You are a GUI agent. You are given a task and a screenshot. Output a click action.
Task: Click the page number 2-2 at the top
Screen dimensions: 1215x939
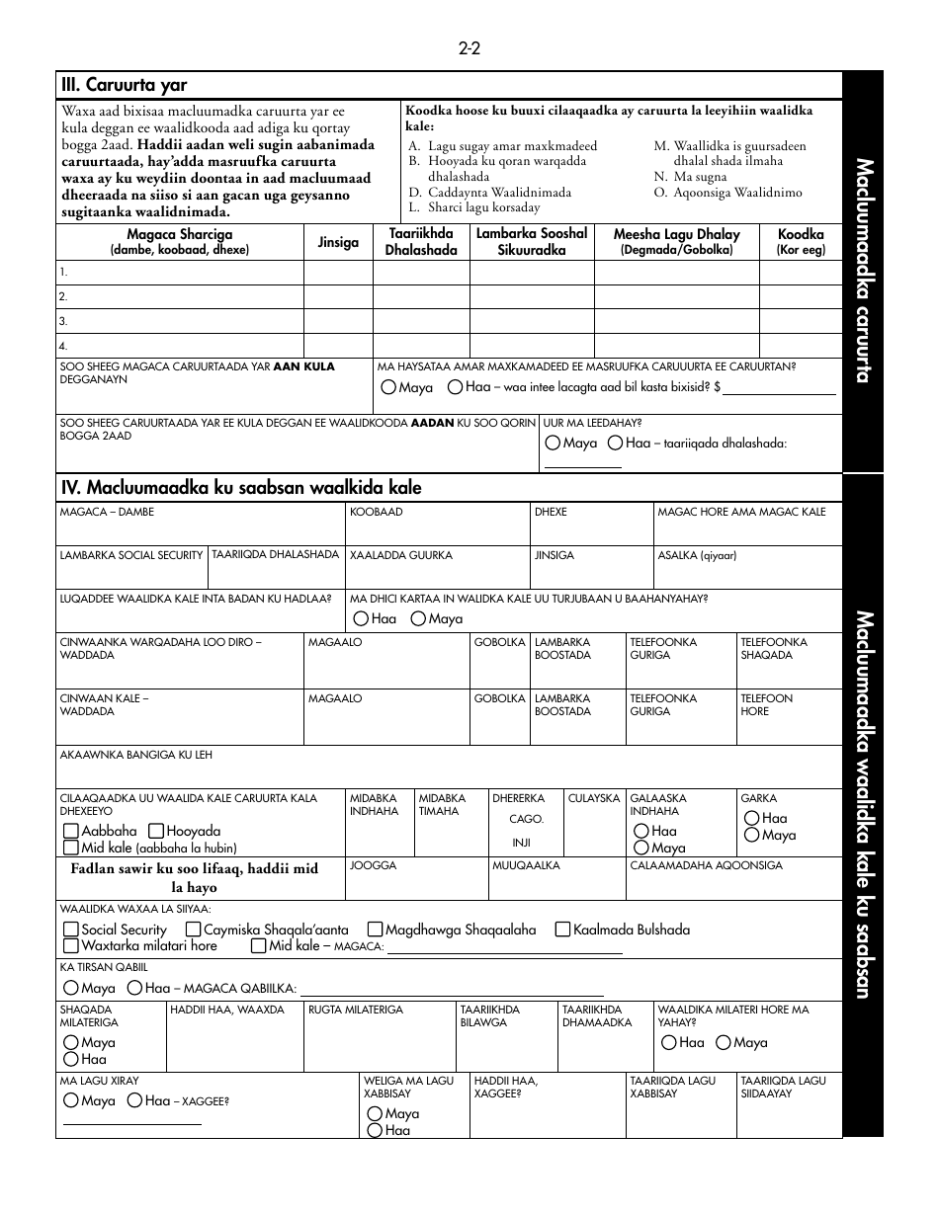pyautogui.click(x=469, y=48)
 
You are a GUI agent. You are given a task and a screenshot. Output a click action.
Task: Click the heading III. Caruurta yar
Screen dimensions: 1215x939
pyautogui.click(x=124, y=85)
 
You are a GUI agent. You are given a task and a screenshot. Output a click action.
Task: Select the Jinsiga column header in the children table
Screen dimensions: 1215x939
pyautogui.click(x=338, y=242)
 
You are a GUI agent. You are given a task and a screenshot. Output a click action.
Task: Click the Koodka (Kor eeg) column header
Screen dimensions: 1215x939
pyautogui.click(x=801, y=242)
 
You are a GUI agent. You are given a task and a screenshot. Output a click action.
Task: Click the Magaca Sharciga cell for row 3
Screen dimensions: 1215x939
pyautogui.click(x=179, y=321)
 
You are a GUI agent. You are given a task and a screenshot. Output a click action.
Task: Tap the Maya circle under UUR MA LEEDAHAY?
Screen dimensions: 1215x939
pyautogui.click(x=553, y=444)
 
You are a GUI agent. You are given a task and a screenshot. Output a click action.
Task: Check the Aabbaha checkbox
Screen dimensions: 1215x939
pyautogui.click(x=71, y=832)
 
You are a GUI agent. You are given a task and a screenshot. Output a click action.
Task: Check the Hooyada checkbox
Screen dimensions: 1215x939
pyautogui.click(x=156, y=832)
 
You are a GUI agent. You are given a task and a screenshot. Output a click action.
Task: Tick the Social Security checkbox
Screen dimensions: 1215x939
pyautogui.click(x=71, y=930)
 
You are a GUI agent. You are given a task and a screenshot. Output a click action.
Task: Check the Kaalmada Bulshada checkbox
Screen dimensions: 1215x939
pyautogui.click(x=563, y=930)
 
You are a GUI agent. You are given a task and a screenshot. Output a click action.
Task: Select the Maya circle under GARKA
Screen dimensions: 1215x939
pyautogui.click(x=752, y=836)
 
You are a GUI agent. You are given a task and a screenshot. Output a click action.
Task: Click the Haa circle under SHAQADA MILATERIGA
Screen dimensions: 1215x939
pyautogui.click(x=71, y=1060)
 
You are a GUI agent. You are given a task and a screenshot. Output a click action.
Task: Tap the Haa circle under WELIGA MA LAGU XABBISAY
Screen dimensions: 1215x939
pyautogui.click(x=375, y=1131)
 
